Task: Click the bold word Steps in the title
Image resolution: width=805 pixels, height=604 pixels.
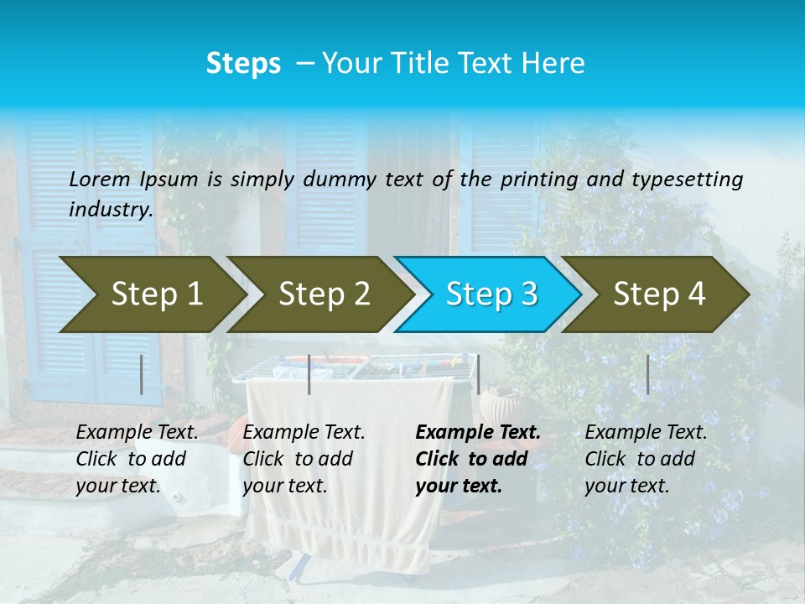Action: (243, 64)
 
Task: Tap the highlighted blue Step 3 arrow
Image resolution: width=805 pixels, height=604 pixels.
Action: (491, 294)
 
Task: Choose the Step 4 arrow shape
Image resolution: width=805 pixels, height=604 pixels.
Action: (659, 294)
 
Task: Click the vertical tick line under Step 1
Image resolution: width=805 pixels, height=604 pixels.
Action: (142, 374)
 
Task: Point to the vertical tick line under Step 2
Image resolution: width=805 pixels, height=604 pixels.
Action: (309, 374)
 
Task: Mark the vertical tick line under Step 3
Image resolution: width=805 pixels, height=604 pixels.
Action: (478, 374)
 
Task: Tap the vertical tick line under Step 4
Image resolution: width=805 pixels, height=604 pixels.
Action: (647, 374)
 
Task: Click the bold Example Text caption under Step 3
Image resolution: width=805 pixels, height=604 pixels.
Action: (478, 459)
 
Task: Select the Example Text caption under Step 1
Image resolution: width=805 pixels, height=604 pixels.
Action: (137, 459)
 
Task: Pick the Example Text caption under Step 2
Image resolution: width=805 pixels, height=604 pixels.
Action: (304, 459)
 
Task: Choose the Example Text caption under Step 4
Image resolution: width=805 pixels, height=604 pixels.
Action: (646, 459)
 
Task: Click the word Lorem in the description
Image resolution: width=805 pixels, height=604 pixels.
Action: (100, 179)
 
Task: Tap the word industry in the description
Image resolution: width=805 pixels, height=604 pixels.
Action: (111, 210)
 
